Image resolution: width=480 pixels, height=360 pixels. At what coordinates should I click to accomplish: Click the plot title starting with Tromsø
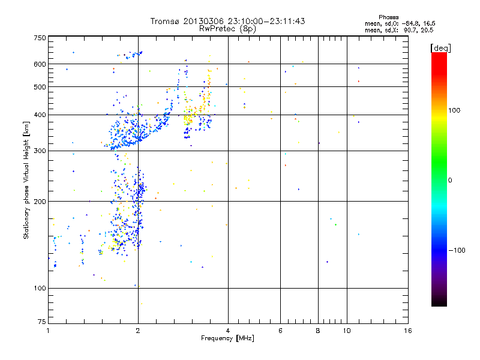(x=227, y=21)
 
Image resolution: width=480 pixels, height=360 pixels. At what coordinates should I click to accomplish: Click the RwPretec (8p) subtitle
(x=227, y=28)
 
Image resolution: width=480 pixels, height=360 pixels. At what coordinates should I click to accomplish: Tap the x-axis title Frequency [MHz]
(x=227, y=339)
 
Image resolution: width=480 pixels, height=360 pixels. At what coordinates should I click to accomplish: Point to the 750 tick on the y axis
(x=40, y=38)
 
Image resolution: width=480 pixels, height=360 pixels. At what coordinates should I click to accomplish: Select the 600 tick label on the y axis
(x=40, y=64)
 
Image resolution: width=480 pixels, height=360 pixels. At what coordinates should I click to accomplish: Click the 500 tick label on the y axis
(x=40, y=87)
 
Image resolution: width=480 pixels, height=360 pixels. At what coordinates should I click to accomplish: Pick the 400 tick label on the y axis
(x=40, y=115)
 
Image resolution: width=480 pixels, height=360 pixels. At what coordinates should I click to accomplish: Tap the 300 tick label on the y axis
(x=40, y=151)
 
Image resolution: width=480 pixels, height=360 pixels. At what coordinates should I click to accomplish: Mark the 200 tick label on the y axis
(x=40, y=202)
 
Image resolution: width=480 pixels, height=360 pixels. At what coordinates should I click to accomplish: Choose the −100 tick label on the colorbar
(x=458, y=250)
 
